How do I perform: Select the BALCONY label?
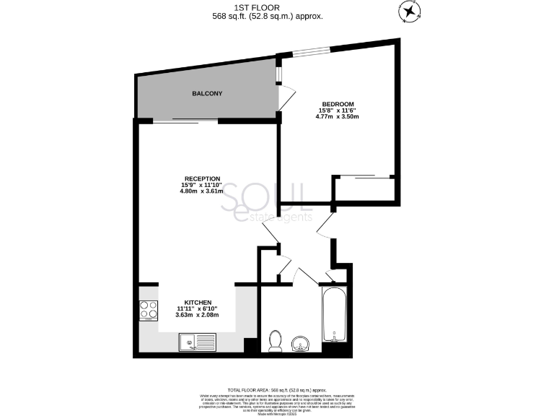coord(207,94)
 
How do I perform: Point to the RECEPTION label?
coord(202,178)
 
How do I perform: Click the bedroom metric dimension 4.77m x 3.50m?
coord(339,116)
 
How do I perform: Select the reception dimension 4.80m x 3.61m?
coord(202,191)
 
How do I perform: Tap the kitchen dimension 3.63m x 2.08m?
coord(197,315)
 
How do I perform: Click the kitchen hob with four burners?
coord(149,310)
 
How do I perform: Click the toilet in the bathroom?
coord(275,340)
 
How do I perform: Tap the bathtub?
coord(335,314)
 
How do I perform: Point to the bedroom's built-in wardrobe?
coord(364,188)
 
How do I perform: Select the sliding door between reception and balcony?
coord(185,121)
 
